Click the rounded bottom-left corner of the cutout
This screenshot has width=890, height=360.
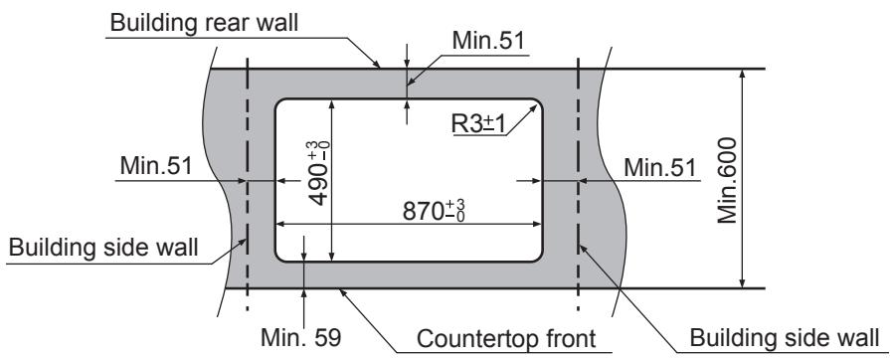point(280,255)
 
